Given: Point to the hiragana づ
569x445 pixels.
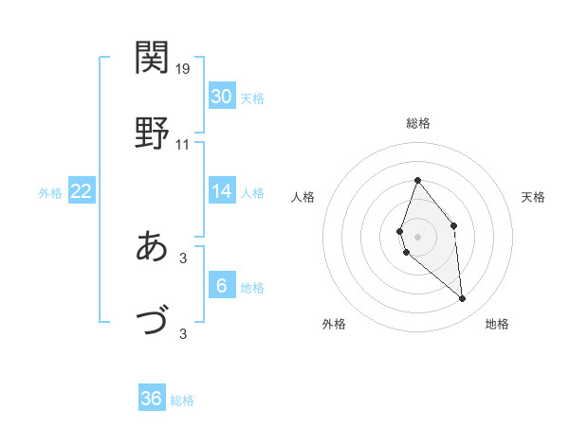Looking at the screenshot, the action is (x=153, y=321).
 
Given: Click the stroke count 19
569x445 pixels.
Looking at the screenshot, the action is (x=183, y=69).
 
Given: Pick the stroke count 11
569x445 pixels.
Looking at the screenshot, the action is (x=183, y=145).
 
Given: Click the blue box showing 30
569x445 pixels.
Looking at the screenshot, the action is (x=221, y=97).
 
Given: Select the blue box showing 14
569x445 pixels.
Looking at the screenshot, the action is (x=221, y=191).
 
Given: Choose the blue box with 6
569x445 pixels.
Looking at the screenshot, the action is (x=221, y=286).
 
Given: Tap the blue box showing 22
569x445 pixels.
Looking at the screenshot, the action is (x=81, y=191).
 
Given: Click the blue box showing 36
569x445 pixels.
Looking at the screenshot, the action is (x=151, y=399).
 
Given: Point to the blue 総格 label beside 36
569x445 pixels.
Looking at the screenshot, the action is (x=182, y=400).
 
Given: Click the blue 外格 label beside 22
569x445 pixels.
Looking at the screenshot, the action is (x=50, y=193).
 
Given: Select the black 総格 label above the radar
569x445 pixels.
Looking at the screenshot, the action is (x=417, y=123).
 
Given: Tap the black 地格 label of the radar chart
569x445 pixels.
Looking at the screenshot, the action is (x=497, y=324).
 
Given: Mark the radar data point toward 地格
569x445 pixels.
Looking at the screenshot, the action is (x=463, y=299).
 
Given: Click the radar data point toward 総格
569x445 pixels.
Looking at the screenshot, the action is (x=417, y=180).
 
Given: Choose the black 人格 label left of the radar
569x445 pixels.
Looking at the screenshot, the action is (x=303, y=197).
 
